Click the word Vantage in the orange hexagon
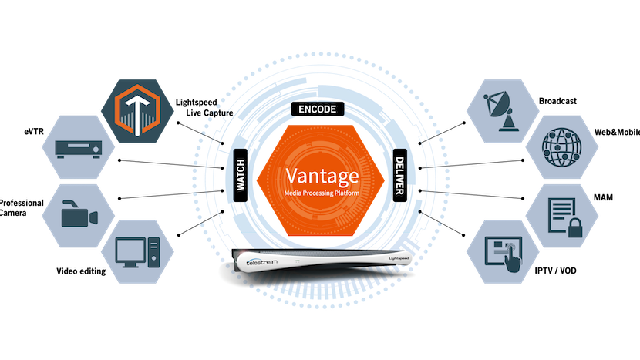click(320, 173)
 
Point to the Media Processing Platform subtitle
click(320, 192)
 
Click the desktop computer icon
click(136, 251)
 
